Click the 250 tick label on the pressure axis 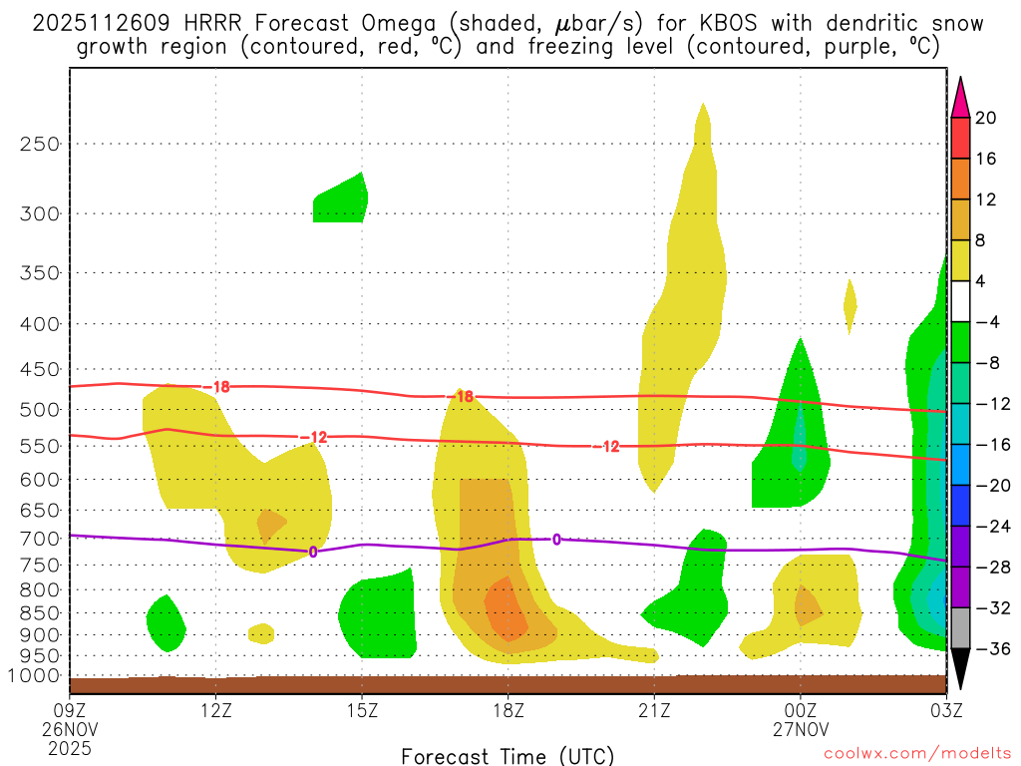[x=40, y=144]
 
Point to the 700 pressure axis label [x=40, y=539]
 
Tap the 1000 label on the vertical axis [x=36, y=676]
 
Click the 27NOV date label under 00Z [x=801, y=730]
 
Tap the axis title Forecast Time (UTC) [x=508, y=755]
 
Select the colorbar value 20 [x=986, y=118]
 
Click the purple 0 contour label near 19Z [x=556, y=540]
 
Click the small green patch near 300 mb [x=340, y=199]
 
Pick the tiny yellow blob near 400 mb [x=850, y=305]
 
